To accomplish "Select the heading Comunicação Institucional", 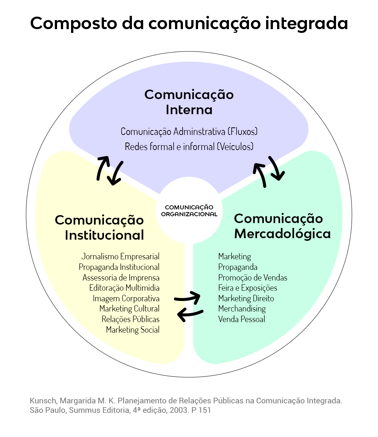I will tap(100, 227).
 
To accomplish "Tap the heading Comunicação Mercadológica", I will tap(282, 226).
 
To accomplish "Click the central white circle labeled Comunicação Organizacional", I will tap(189, 210).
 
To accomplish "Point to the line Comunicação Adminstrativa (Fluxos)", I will tap(189, 132).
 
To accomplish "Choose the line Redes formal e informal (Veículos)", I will tap(189, 147).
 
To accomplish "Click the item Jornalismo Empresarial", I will tap(120, 256).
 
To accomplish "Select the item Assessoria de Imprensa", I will tap(121, 277).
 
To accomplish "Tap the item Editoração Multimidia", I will tap(124, 288).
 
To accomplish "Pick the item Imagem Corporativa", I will tap(126, 298).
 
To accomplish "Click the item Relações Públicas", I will tap(130, 319).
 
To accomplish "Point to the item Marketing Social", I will tap(132, 330).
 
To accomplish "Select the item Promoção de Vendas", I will tap(253, 277).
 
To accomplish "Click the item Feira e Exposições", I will tap(248, 288).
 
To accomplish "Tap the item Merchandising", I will tap(242, 308).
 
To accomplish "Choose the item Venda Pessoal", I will tap(242, 319).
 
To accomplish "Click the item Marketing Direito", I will tap(246, 298).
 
